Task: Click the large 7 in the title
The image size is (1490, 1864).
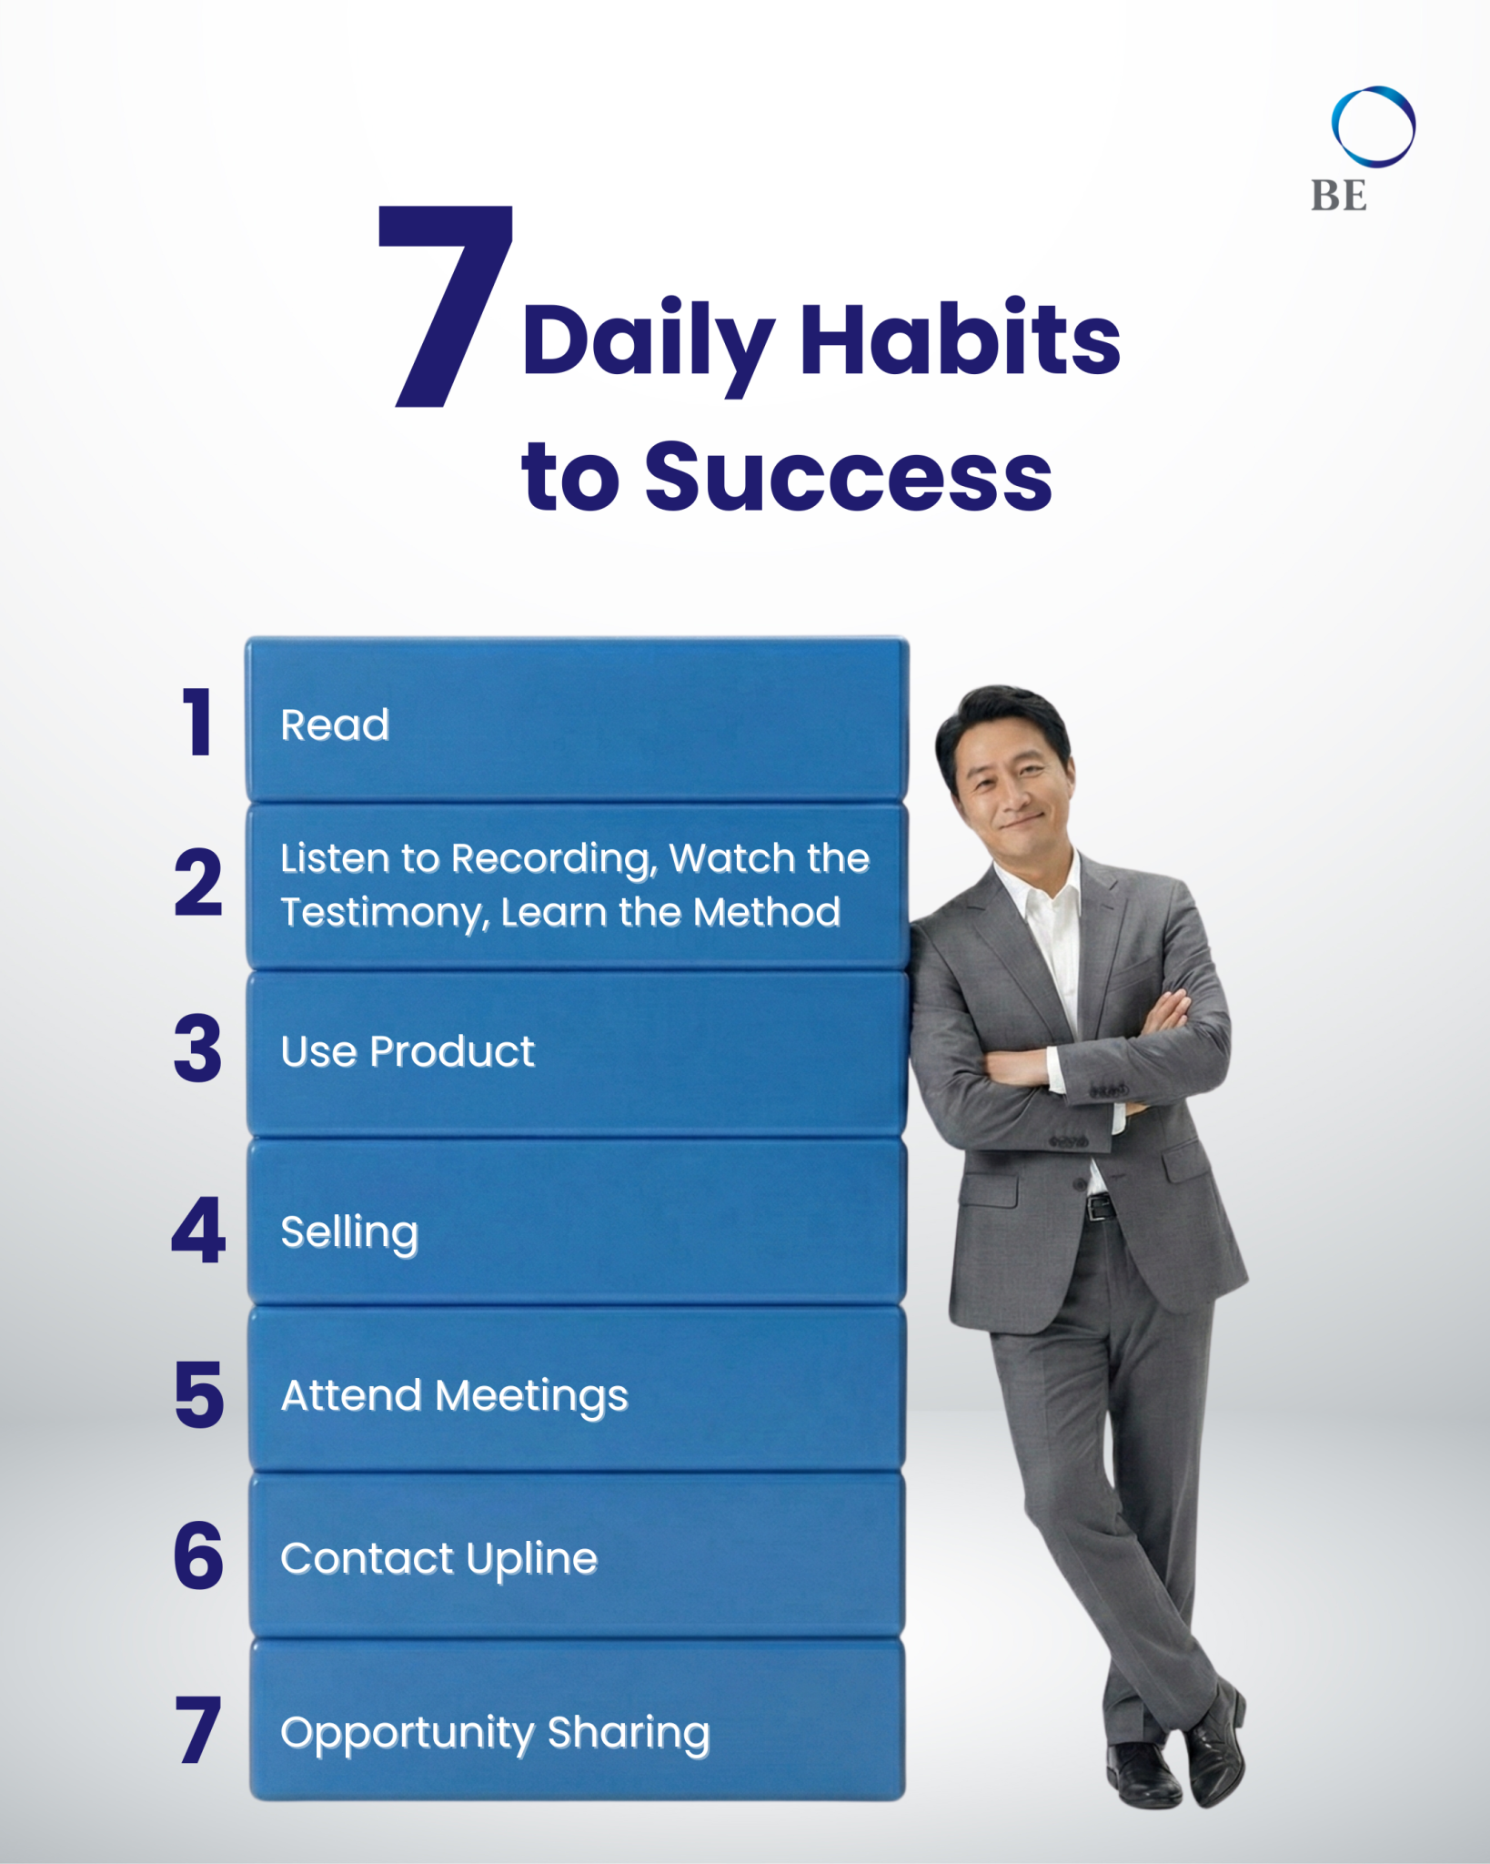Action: pos(446,305)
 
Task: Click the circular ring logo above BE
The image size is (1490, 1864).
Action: pos(1373,127)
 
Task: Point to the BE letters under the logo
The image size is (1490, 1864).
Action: pos(1338,196)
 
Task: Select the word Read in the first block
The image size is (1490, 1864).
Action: pos(335,725)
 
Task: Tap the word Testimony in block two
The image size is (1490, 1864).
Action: pos(383,913)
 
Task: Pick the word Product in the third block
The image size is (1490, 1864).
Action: pos(452,1052)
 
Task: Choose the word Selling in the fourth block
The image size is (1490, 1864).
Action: pos(349,1233)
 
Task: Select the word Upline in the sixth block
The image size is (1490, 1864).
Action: pos(531,1560)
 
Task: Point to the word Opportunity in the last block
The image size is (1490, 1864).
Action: pos(407,1734)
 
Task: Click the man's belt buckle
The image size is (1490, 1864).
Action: pos(1100,1207)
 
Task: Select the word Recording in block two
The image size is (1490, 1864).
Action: pos(553,859)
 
